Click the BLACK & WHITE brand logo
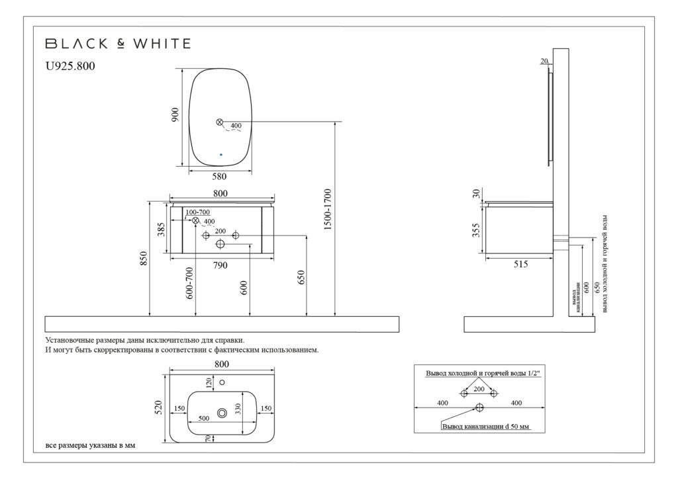pos(118,43)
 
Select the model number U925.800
pos(70,66)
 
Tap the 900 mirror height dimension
pos(175,114)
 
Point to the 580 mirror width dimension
pos(220,176)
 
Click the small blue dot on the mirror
pos(221,154)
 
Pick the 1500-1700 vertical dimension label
pos(327,209)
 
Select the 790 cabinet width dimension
pos(220,265)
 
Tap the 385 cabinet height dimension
pos(161,230)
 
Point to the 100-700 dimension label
pos(197,212)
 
